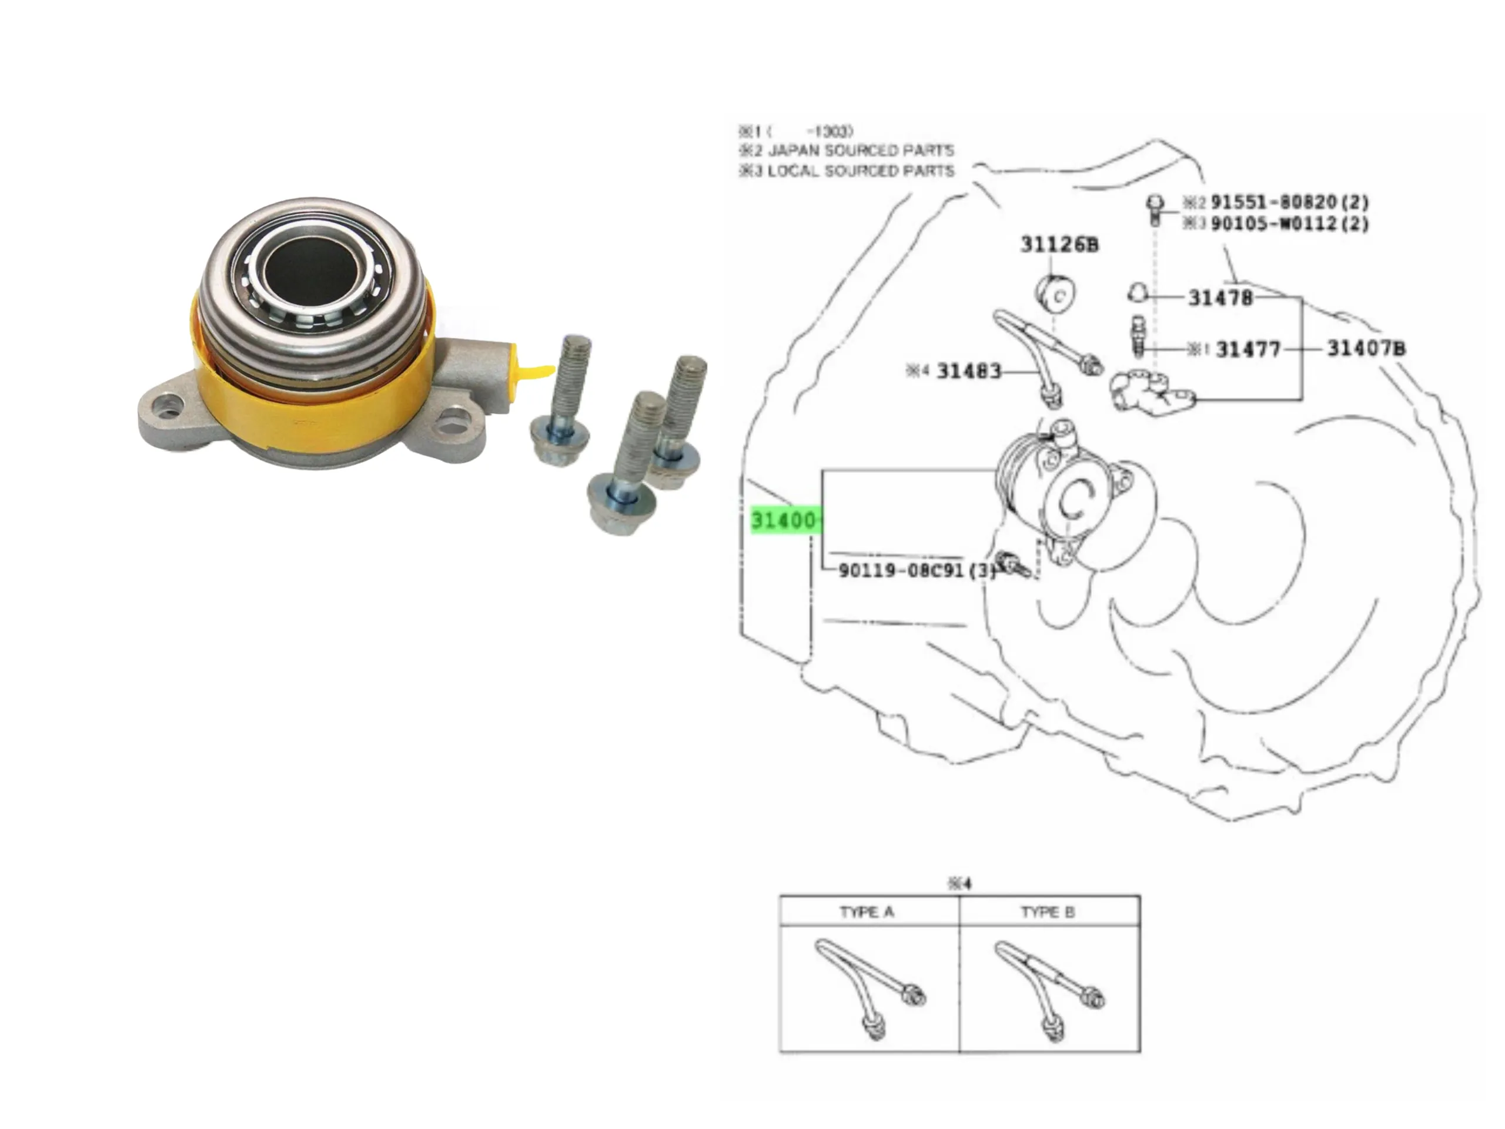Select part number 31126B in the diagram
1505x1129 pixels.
point(1059,244)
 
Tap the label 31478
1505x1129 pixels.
point(1220,298)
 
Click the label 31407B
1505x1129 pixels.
point(1366,349)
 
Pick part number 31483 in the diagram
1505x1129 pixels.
point(969,371)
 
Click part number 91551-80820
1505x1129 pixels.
point(1289,202)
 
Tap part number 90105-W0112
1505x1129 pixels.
point(1289,223)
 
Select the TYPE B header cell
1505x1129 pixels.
point(1048,912)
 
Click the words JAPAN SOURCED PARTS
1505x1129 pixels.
point(861,151)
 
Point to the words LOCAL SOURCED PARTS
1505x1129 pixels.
point(861,171)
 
